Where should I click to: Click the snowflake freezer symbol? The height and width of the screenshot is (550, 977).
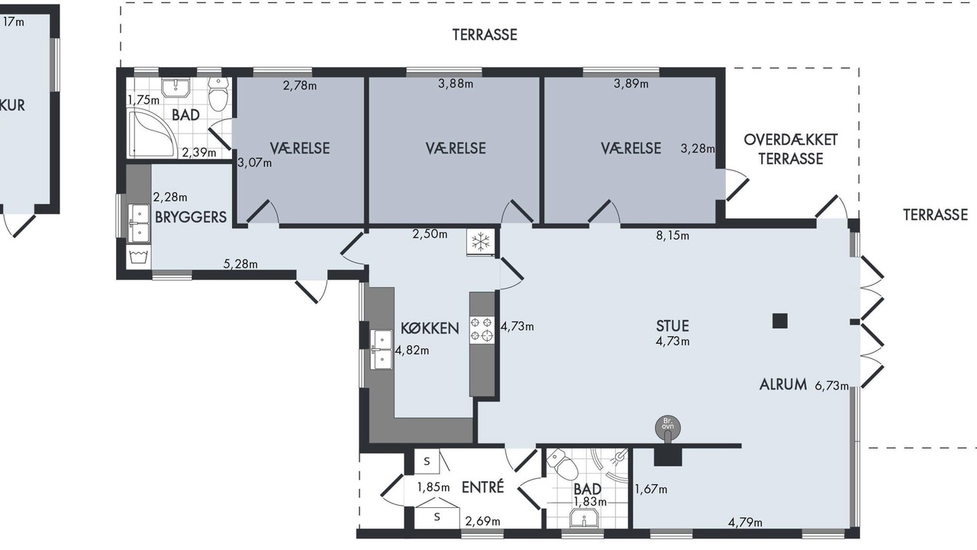(x=481, y=241)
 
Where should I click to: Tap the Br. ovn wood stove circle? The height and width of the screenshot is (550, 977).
(x=668, y=427)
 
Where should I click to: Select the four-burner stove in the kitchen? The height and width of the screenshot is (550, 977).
(x=482, y=329)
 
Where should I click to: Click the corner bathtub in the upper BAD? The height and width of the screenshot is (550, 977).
(x=152, y=134)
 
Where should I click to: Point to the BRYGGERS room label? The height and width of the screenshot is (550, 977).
(x=191, y=217)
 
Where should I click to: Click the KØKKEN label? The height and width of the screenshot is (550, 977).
(x=430, y=328)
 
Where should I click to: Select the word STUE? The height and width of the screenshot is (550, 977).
(x=672, y=326)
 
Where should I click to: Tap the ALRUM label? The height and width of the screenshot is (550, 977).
(x=783, y=384)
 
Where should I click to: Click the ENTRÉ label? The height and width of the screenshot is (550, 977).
(x=482, y=487)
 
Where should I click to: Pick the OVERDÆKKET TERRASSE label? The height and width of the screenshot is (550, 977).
(x=790, y=149)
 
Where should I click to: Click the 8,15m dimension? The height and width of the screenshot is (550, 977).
(x=672, y=236)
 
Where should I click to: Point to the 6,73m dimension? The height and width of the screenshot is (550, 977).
(x=832, y=386)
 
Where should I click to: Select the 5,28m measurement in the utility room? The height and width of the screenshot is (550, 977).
(x=240, y=264)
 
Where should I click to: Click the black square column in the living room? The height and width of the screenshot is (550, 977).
(x=780, y=321)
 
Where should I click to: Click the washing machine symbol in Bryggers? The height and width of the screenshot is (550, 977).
(x=140, y=257)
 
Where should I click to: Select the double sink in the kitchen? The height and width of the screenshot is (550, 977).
(x=381, y=350)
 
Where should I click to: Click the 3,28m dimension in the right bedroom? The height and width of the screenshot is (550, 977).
(x=698, y=149)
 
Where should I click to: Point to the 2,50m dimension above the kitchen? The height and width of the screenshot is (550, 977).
(x=430, y=234)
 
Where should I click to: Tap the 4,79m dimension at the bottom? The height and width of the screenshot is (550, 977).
(x=745, y=522)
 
